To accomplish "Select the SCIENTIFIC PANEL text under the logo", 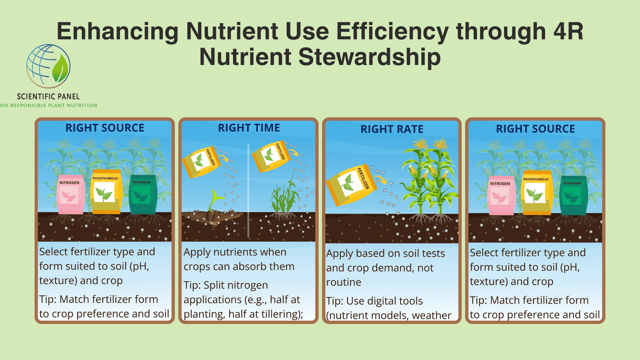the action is point(48,97).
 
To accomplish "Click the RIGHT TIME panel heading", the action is point(249,128).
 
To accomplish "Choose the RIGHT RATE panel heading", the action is point(392,129).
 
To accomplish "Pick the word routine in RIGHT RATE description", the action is point(344,282).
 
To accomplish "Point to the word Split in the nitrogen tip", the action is point(214,286).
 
